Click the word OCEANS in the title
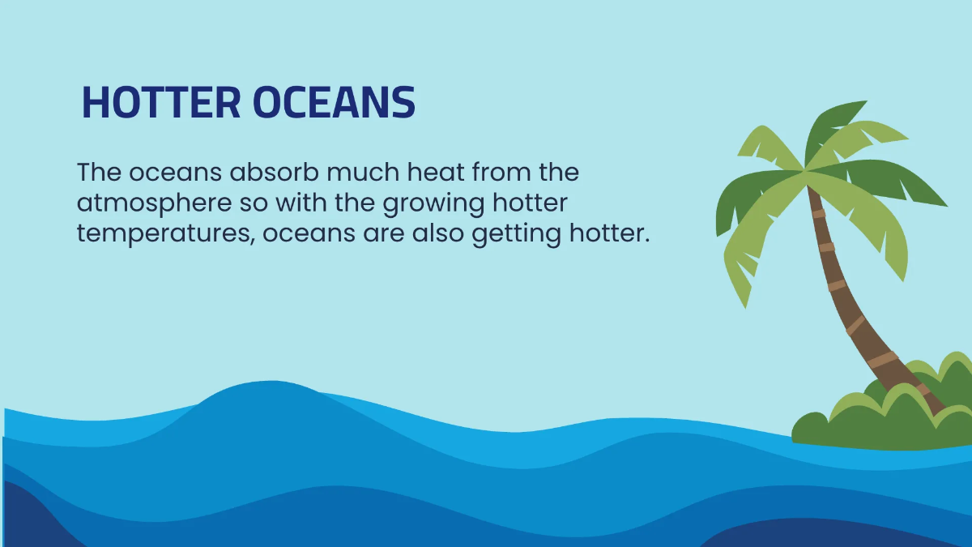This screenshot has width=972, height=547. pyautogui.click(x=334, y=103)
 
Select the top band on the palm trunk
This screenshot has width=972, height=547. pyautogui.click(x=819, y=214)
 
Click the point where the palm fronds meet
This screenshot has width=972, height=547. pyautogui.click(x=806, y=171)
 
